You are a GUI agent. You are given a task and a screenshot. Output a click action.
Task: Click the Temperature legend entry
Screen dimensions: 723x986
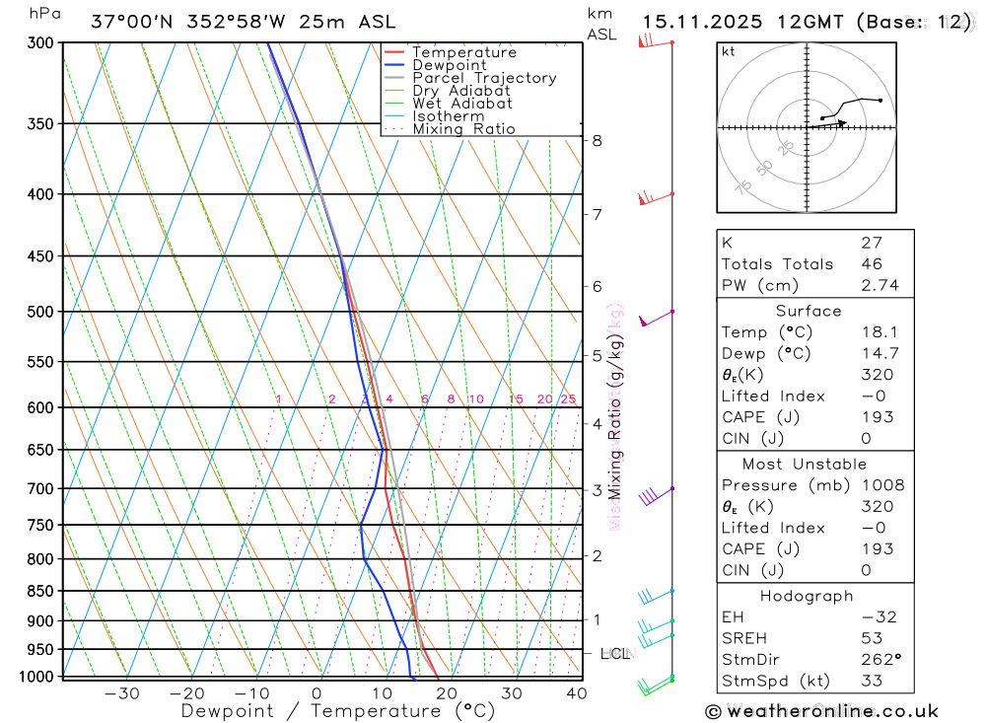(x=463, y=52)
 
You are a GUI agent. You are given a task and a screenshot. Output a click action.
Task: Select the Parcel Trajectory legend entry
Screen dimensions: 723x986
(x=484, y=78)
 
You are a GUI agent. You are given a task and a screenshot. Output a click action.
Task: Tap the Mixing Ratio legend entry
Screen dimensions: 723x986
(x=463, y=129)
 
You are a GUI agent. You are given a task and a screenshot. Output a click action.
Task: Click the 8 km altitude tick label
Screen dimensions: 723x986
(x=598, y=140)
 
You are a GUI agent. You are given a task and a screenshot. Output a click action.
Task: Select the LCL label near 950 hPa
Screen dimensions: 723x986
(x=615, y=653)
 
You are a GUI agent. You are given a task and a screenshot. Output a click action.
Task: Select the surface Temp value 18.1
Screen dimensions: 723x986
(x=875, y=332)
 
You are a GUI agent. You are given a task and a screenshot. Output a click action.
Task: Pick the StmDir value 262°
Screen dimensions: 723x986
(x=877, y=660)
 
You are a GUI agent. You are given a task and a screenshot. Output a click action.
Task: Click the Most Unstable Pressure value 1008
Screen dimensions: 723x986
(x=881, y=485)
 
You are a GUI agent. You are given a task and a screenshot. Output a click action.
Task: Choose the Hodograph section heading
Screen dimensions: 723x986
(x=807, y=596)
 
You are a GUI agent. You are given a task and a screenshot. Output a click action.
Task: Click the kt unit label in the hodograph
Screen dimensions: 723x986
(x=729, y=52)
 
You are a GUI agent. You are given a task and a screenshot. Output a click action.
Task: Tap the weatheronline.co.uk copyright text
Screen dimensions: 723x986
(x=822, y=711)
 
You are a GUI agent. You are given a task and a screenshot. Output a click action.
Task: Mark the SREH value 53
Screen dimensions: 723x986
(x=870, y=638)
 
